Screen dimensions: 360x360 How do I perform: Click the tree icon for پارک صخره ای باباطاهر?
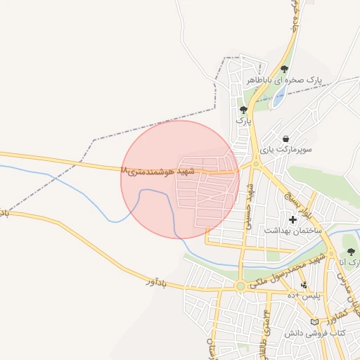(x=284, y=69)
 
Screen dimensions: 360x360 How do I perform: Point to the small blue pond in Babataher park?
(x=278, y=97)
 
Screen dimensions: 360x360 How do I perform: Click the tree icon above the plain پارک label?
(x=243, y=110)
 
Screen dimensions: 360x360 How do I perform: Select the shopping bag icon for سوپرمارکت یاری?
(x=286, y=139)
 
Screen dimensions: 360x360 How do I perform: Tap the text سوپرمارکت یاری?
(x=286, y=150)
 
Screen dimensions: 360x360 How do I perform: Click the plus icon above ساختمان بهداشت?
(x=292, y=219)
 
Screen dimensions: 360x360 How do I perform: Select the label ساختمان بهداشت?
(x=292, y=231)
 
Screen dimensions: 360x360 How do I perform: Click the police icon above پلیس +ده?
(x=304, y=285)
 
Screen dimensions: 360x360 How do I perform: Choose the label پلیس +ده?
(x=307, y=296)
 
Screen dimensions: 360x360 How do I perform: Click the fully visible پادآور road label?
(x=158, y=282)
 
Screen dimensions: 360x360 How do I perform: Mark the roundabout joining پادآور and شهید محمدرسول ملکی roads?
(x=241, y=286)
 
